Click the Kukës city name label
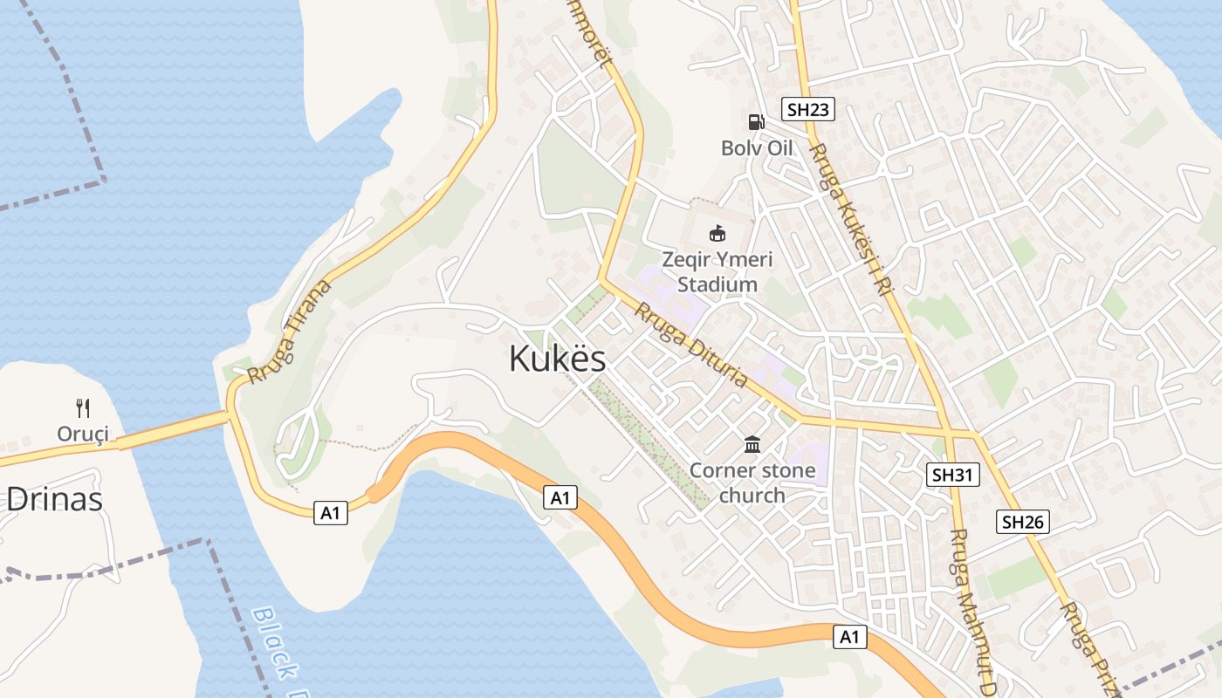(557, 359)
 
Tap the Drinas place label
(54, 499)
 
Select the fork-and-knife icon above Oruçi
(83, 407)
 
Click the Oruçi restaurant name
(83, 433)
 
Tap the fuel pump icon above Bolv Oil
(755, 122)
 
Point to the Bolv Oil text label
(757, 148)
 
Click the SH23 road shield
(808, 109)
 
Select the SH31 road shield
(953, 475)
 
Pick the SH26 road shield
(1023, 522)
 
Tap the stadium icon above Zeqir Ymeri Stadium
(717, 233)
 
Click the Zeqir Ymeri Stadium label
(717, 271)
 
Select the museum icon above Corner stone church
(752, 445)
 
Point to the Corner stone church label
(752, 483)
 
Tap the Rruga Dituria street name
(690, 346)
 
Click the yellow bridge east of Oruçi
(175, 429)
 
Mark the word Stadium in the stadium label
(717, 284)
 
